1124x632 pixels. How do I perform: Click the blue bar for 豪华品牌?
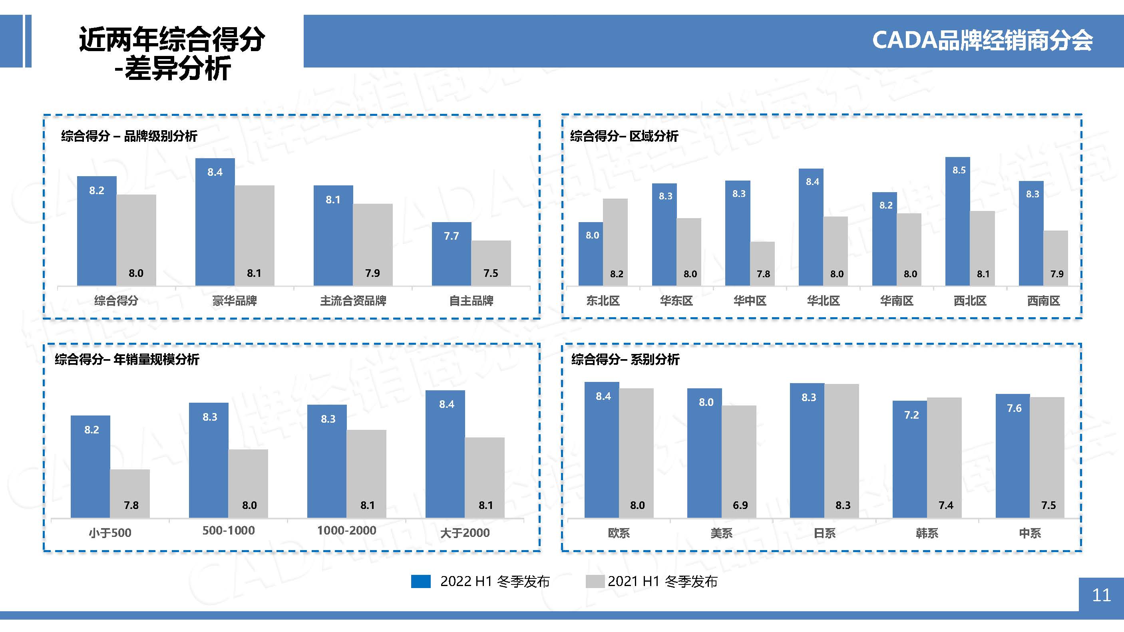(215, 223)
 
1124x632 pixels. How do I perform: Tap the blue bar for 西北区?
(958, 223)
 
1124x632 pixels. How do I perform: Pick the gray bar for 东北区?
(615, 242)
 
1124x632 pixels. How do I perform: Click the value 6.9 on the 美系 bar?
(740, 505)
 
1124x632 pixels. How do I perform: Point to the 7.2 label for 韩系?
(911, 415)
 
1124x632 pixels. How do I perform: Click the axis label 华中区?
(750, 300)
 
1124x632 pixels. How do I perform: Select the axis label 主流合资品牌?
(353, 300)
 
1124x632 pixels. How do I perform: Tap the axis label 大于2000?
(465, 533)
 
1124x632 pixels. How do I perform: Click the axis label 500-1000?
(228, 531)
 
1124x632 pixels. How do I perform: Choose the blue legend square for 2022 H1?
(421, 581)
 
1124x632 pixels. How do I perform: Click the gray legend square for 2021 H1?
(595, 581)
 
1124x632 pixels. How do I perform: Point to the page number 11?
(1101, 595)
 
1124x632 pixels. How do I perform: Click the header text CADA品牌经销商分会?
(982, 41)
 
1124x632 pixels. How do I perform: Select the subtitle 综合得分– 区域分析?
(624, 136)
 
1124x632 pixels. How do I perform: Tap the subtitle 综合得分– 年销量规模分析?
(127, 360)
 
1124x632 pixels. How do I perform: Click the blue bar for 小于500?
(90, 467)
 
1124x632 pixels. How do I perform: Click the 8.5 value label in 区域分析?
(959, 170)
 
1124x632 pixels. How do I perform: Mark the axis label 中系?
(1030, 533)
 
